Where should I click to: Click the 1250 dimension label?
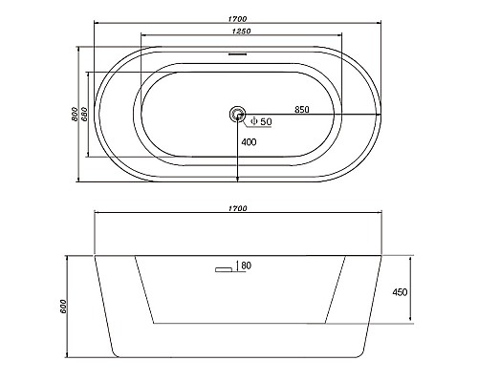pos(242,32)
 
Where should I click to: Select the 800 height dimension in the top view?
pos(74,114)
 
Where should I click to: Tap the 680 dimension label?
pos(84,114)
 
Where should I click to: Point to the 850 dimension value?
pos(302,110)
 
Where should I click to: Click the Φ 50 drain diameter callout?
pos(261,121)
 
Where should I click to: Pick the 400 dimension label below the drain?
pos(249,142)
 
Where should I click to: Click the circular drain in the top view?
pos(237,114)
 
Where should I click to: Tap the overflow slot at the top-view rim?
pos(237,53)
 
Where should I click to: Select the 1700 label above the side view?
pos(238,208)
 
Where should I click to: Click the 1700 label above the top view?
pos(237,19)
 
